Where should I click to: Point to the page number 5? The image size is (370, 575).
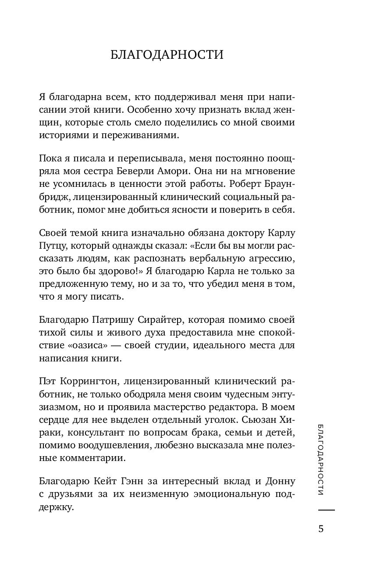(x=321, y=529)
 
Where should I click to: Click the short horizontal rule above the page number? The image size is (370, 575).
(x=326, y=510)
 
